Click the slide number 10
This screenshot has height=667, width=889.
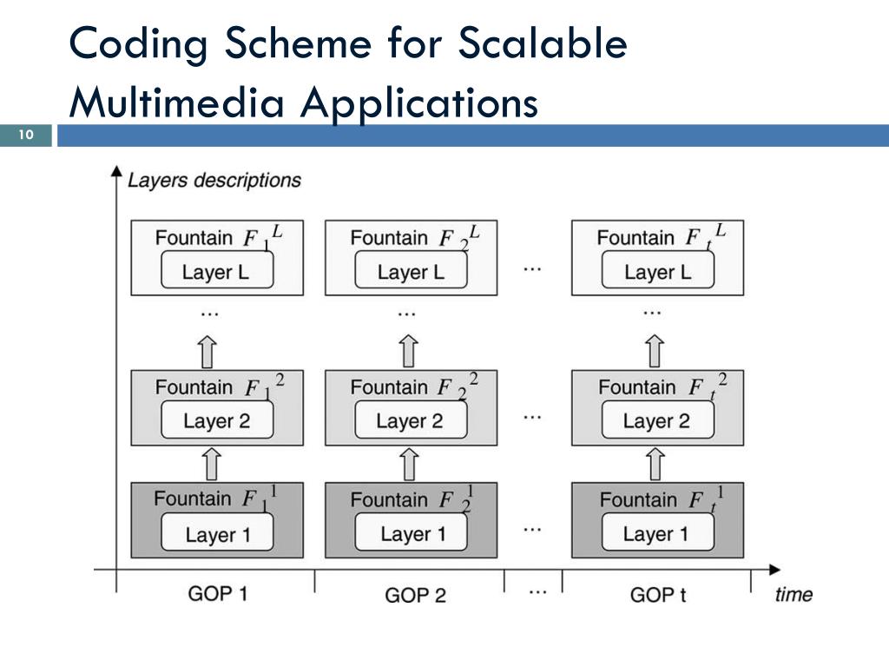[26, 135]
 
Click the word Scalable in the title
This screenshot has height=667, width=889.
[542, 43]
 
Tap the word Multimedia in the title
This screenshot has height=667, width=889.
[176, 102]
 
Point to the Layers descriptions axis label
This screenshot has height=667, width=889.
[214, 181]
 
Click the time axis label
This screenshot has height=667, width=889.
[794, 594]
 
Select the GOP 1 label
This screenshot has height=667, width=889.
[218, 594]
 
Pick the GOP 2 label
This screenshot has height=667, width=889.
[415, 595]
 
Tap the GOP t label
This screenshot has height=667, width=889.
[658, 595]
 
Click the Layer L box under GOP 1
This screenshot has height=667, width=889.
[217, 271]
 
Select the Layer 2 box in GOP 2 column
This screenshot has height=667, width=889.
[411, 419]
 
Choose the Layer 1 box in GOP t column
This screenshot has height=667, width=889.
[658, 532]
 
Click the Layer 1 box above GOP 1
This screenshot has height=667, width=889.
[217, 532]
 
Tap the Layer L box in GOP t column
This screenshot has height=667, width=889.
[658, 271]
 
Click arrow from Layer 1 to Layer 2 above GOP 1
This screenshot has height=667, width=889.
[212, 464]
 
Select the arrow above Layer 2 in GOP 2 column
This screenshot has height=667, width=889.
[409, 351]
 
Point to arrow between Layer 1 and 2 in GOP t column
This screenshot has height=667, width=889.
[655, 464]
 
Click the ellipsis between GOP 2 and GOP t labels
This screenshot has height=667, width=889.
[537, 592]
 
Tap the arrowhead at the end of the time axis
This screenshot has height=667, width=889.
[775, 570]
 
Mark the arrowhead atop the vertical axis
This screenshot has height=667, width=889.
[116, 171]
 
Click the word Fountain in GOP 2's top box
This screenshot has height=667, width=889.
[389, 238]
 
